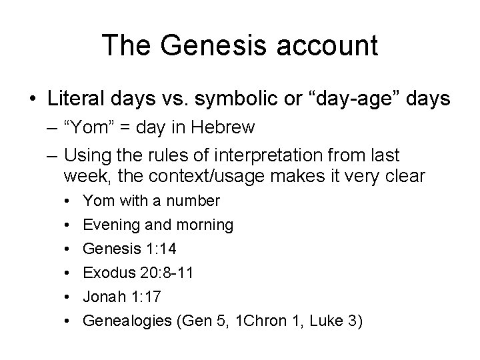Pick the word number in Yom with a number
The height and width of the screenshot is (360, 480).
point(195,201)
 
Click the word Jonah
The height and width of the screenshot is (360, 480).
point(103,297)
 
